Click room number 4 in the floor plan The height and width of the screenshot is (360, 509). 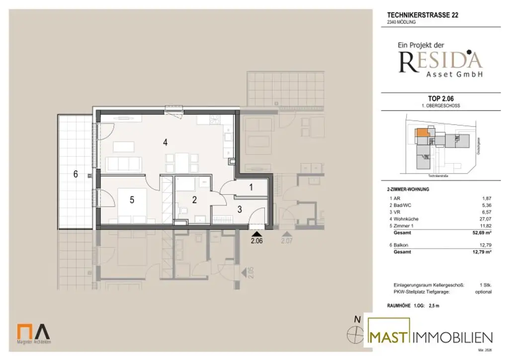pyautogui.click(x=165, y=143)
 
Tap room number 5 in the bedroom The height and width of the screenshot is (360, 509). pyautogui.click(x=132, y=200)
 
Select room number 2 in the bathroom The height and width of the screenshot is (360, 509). pyautogui.click(x=195, y=200)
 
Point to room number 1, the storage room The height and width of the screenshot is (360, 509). pyautogui.click(x=251, y=187)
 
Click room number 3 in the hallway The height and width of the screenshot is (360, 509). pyautogui.click(x=240, y=209)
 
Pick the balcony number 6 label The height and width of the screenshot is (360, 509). pyautogui.click(x=76, y=174)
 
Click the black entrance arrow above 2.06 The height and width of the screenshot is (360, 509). pyautogui.click(x=256, y=232)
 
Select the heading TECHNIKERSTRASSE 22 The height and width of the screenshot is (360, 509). pyautogui.click(x=423, y=15)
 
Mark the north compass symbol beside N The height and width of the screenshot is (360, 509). pyautogui.click(x=354, y=335)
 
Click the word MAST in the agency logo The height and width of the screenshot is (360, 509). pyautogui.click(x=391, y=338)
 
